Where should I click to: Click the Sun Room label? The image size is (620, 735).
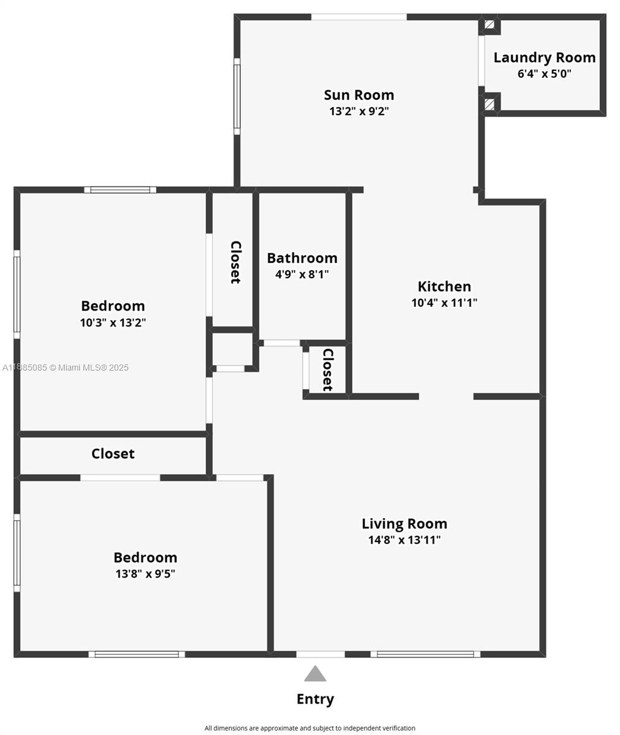click(x=359, y=95)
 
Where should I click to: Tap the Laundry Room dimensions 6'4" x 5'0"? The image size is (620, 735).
click(x=544, y=73)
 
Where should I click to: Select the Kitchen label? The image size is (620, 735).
click(x=444, y=287)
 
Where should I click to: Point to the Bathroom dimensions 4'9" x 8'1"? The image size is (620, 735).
click(x=302, y=274)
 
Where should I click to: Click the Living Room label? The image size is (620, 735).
click(x=404, y=524)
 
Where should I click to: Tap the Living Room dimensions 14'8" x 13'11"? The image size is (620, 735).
click(x=404, y=540)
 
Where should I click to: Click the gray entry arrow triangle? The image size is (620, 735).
click(x=315, y=673)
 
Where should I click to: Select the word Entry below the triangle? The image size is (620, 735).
click(x=315, y=699)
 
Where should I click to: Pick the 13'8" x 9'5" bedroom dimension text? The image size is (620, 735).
click(x=145, y=574)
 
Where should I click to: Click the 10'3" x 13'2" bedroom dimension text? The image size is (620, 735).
click(x=113, y=322)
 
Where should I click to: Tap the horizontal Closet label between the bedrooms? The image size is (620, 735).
click(x=113, y=453)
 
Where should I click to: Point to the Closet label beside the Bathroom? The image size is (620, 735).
click(x=235, y=262)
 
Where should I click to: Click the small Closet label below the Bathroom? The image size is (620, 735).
click(x=328, y=369)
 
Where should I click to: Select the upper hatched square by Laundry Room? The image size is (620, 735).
click(x=490, y=24)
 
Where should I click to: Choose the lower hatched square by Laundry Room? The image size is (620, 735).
click(x=490, y=104)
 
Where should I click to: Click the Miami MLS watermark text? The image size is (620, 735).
click(x=66, y=367)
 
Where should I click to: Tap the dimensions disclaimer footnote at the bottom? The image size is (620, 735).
click(x=310, y=728)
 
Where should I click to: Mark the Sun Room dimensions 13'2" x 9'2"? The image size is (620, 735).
click(x=359, y=111)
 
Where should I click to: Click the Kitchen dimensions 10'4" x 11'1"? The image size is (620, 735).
click(x=444, y=303)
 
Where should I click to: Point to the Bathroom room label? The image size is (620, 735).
click(x=302, y=258)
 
